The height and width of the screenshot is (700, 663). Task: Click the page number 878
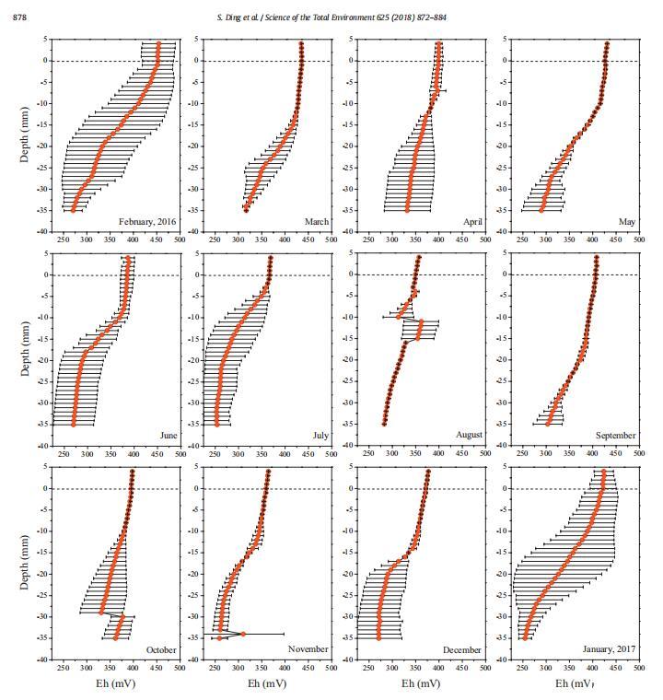(x=18, y=17)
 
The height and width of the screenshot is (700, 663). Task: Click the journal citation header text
(x=331, y=17)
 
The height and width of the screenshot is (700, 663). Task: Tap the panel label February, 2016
(x=147, y=222)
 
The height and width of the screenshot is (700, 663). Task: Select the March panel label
(x=317, y=222)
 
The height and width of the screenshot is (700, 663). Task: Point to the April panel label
(x=472, y=222)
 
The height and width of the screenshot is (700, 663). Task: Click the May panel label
(x=627, y=222)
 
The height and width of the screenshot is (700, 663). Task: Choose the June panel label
(x=169, y=436)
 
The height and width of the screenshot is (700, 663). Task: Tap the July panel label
(x=320, y=436)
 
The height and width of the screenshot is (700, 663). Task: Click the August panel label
(x=469, y=436)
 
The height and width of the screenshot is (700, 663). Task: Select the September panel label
(x=616, y=436)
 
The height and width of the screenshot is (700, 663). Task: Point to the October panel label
(x=161, y=649)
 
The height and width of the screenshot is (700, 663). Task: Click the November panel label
(x=308, y=649)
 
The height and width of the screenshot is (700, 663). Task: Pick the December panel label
(x=461, y=649)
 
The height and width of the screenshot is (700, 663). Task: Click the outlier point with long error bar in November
(x=242, y=634)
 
